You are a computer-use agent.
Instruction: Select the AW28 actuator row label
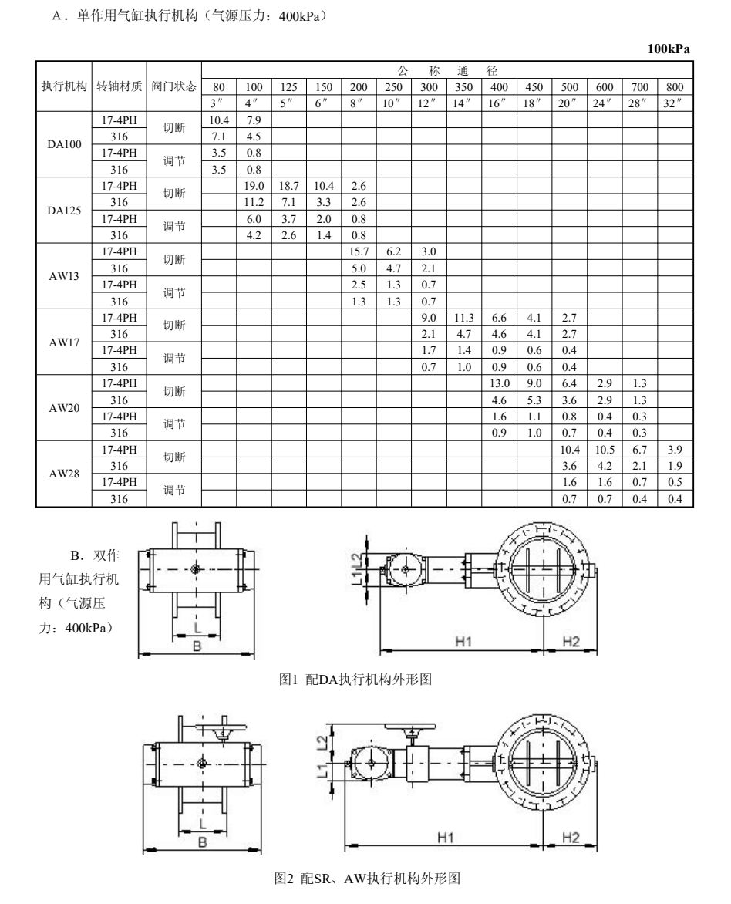pos(64,474)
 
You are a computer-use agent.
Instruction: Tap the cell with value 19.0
pos(254,187)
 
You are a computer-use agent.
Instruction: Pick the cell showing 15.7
pos(359,251)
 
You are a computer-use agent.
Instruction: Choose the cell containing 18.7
pos(288,187)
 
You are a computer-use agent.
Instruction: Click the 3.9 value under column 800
pos(675,449)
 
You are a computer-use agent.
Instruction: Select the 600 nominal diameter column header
pos(605,87)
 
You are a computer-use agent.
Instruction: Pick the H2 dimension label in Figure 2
pos(571,838)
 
